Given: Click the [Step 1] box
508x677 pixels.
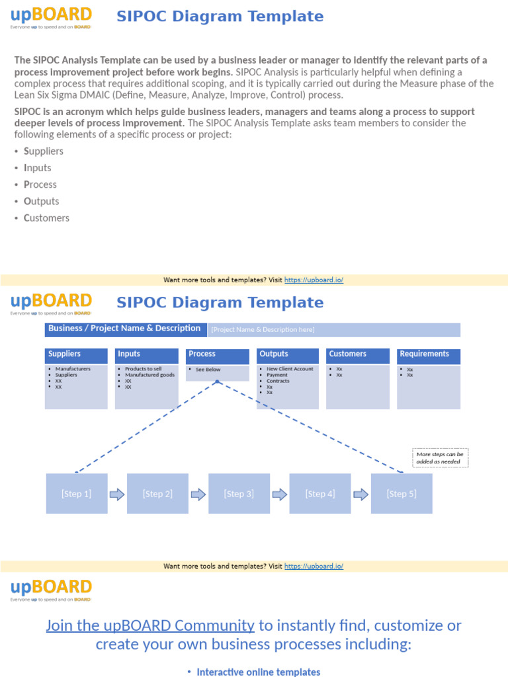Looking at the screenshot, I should [x=76, y=493].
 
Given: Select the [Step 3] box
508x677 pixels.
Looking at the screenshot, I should [x=239, y=493].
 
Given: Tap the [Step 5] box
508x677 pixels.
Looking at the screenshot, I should [x=402, y=493].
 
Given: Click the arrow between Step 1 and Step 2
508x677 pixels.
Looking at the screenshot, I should [x=117, y=494].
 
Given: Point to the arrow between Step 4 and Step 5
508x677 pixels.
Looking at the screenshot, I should [x=361, y=494].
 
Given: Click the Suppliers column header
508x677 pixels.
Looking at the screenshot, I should [x=76, y=355].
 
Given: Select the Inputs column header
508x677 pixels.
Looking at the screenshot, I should [x=146, y=355].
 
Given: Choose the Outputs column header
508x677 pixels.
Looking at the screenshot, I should [x=288, y=355].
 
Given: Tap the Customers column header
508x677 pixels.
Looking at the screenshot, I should [x=358, y=355].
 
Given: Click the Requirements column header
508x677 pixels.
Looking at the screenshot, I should [x=429, y=355].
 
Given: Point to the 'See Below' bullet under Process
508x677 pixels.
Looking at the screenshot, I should [x=208, y=370].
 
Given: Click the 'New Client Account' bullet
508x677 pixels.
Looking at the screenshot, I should [x=290, y=369].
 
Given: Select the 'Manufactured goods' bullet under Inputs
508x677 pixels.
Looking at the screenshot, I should [x=149, y=375].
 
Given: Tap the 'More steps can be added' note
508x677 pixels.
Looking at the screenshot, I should [x=440, y=458].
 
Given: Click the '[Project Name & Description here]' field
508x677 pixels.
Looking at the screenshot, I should [x=263, y=330].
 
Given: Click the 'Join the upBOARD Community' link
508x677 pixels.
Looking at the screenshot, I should [x=150, y=625].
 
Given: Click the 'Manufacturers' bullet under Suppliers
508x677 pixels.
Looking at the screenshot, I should [x=73, y=369].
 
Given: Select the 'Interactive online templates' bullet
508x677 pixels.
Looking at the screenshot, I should [x=258, y=672].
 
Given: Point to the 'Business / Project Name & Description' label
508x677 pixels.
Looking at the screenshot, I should [x=124, y=329].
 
